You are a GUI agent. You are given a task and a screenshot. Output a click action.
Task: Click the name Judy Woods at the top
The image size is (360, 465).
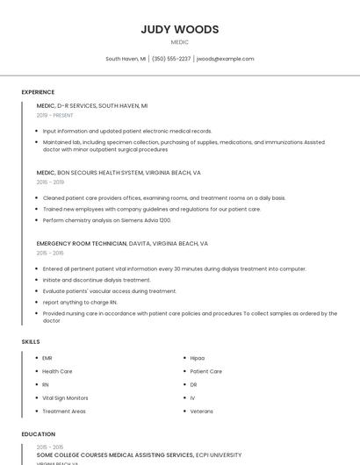tap(179, 29)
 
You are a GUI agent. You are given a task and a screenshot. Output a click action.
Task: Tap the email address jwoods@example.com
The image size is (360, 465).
tap(226, 59)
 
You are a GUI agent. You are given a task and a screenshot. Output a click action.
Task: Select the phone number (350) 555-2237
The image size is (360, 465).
tap(171, 59)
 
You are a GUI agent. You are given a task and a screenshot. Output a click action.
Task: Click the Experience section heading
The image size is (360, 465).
tap(38, 92)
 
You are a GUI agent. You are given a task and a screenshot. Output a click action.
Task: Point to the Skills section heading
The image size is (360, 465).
tap(31, 341)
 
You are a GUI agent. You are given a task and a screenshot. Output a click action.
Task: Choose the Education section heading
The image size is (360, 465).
tap(38, 434)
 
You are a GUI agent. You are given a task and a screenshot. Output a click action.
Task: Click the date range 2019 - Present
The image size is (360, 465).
tap(54, 115)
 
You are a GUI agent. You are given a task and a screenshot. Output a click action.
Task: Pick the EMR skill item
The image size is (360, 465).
tap(47, 358)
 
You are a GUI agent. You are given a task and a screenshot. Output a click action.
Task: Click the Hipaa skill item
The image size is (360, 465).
tap(198, 358)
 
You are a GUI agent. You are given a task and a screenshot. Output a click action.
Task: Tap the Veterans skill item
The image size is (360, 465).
tap(201, 411)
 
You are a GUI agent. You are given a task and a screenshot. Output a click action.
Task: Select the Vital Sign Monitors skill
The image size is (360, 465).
tap(65, 397)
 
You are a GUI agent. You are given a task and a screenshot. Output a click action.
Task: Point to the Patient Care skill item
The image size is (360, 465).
tap(205, 371)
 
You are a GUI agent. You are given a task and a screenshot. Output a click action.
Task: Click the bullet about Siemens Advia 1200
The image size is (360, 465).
tap(107, 220)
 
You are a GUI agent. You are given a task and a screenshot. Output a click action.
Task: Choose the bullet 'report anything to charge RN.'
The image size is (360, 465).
tap(80, 302)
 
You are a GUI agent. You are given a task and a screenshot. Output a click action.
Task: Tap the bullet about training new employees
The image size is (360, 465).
tap(151, 209)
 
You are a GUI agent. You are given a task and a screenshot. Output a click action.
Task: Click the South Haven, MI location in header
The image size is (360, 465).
tap(126, 59)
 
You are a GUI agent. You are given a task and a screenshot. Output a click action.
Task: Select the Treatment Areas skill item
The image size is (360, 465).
tap(64, 411)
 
